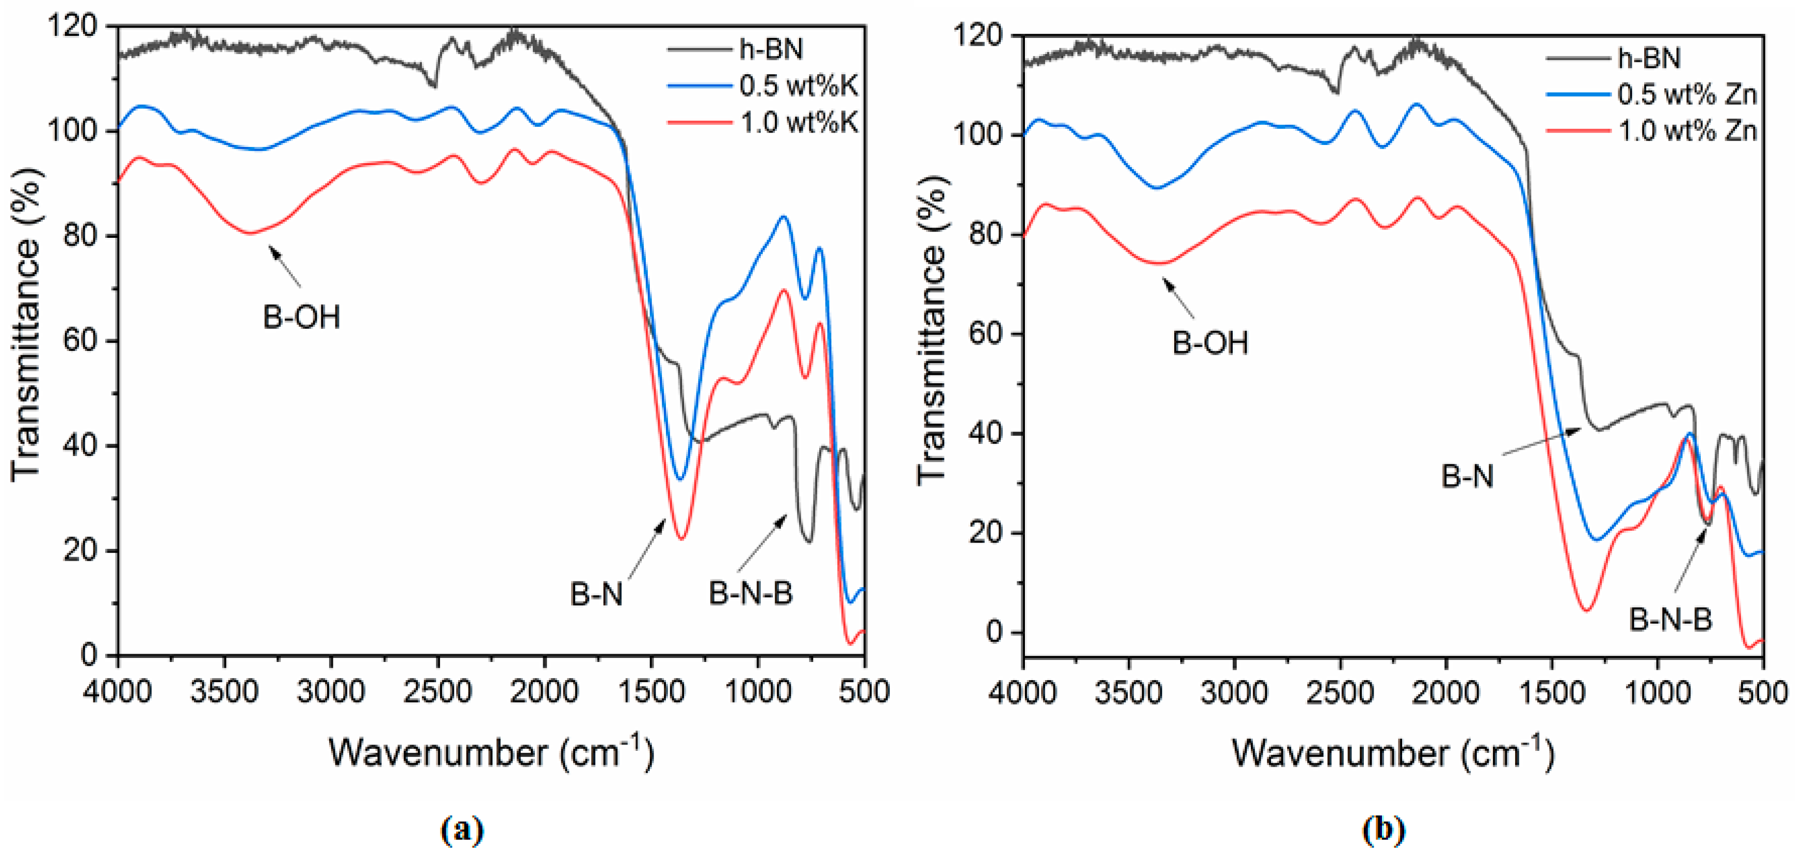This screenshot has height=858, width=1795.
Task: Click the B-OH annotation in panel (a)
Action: pos(301,318)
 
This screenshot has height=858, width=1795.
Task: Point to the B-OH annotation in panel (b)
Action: pos(1211,343)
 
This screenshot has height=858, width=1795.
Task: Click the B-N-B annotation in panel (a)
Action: pos(750,594)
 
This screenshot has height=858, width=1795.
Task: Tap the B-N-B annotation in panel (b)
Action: pos(1670,620)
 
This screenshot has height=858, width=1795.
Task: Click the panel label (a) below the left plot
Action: pos(462,830)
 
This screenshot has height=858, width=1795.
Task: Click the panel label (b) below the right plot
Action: pos(1384,830)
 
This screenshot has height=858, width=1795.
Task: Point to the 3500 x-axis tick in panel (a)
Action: pos(224,691)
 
